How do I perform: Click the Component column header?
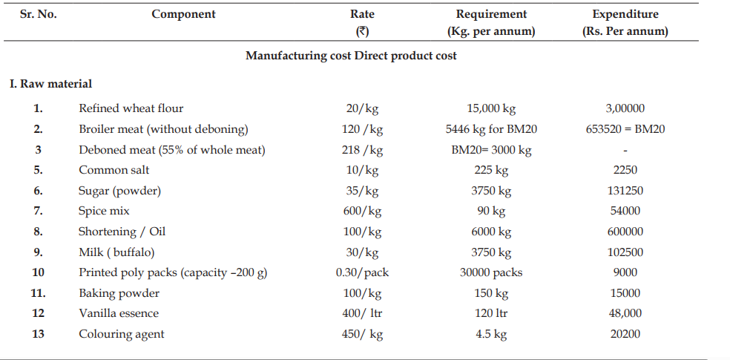pyautogui.click(x=183, y=14)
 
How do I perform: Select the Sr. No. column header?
pyautogui.click(x=38, y=14)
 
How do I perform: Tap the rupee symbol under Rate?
pyautogui.click(x=362, y=32)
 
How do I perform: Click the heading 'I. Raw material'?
pyautogui.click(x=50, y=84)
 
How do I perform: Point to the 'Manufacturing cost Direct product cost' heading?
pyautogui.click(x=351, y=56)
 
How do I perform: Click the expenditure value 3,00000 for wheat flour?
pyautogui.click(x=625, y=108)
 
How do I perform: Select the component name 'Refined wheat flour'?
pyautogui.click(x=131, y=108)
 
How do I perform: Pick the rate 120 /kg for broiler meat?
pyautogui.click(x=362, y=129)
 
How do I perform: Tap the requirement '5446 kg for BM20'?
pyautogui.click(x=491, y=129)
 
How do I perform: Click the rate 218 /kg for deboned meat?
pyautogui.click(x=362, y=150)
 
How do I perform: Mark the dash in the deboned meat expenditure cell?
pyautogui.click(x=625, y=151)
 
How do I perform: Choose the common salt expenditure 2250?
pyautogui.click(x=625, y=170)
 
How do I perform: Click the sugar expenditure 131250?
pyautogui.click(x=625, y=191)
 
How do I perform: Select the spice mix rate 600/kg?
pyautogui.click(x=362, y=211)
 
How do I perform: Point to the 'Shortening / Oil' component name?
pyautogui.click(x=122, y=232)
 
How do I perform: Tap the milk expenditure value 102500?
pyautogui.click(x=625, y=252)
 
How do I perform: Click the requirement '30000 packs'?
pyautogui.click(x=491, y=273)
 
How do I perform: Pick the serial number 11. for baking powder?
pyautogui.click(x=38, y=293)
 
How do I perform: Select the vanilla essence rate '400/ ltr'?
pyautogui.click(x=362, y=313)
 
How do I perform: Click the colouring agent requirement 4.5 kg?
pyautogui.click(x=491, y=334)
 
